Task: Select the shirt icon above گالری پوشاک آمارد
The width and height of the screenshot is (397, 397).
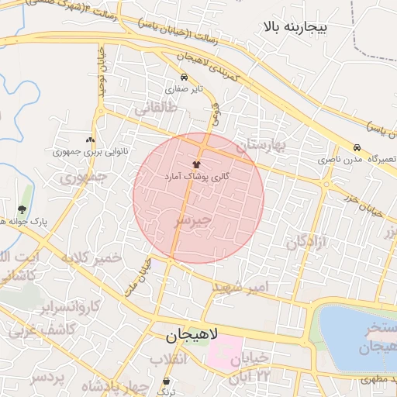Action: tap(195, 164)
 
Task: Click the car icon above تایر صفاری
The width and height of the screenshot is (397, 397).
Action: tap(184, 78)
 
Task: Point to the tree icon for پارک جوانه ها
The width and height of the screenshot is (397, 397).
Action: tap(21, 209)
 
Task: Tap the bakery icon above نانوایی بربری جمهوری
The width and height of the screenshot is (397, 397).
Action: tap(91, 140)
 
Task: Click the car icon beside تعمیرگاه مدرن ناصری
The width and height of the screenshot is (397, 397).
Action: tap(357, 147)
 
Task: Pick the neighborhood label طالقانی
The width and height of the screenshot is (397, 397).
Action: tap(156, 110)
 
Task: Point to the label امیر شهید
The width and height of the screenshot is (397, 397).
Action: tap(241, 288)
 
